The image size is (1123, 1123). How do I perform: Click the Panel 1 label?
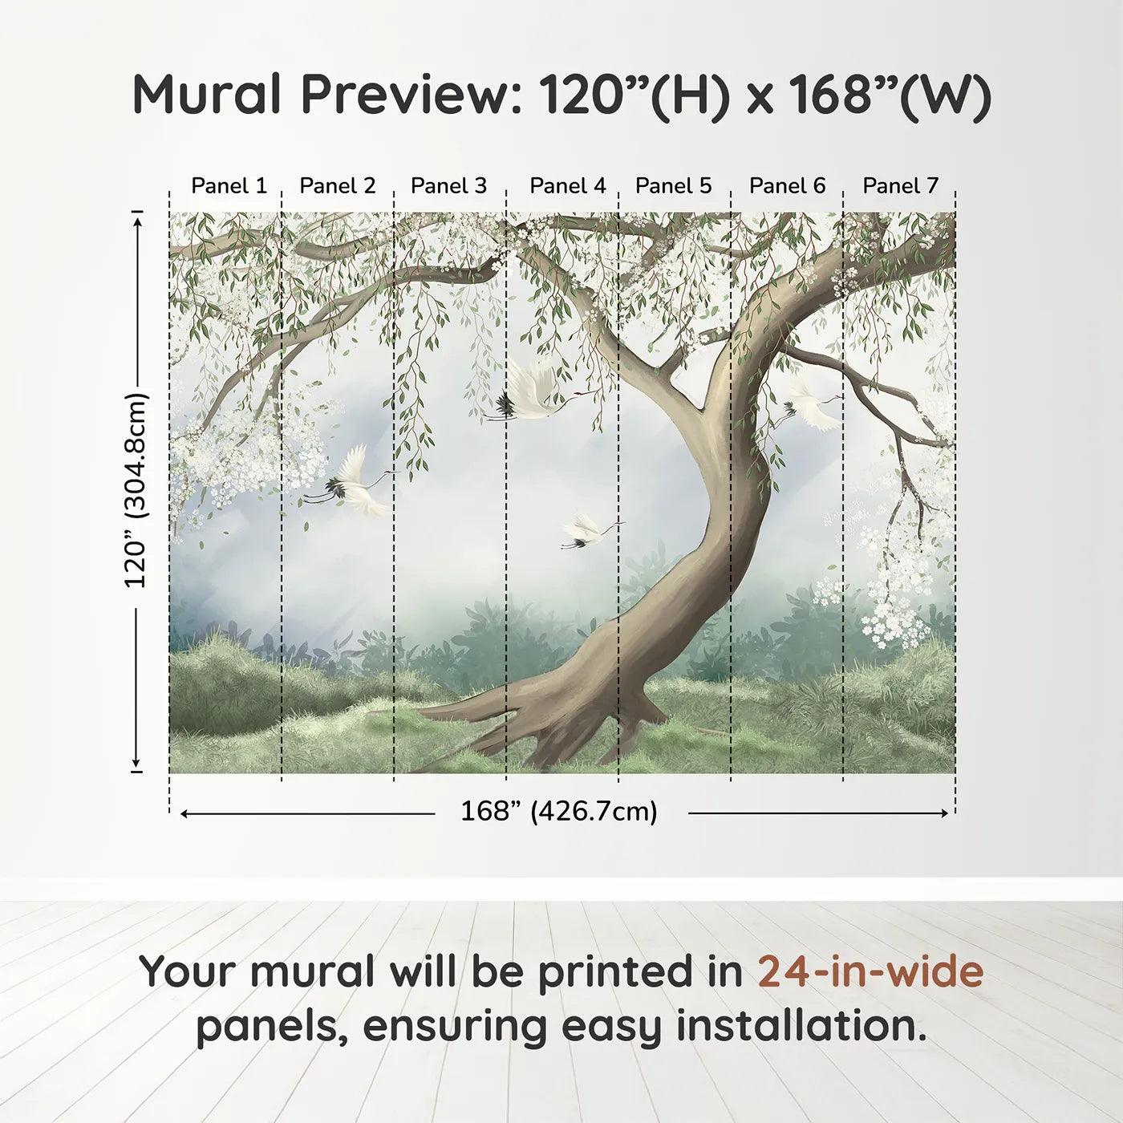(x=229, y=186)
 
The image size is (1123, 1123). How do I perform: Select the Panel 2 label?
(x=337, y=186)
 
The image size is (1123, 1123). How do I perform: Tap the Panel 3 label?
(x=448, y=186)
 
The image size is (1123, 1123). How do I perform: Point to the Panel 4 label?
(x=568, y=186)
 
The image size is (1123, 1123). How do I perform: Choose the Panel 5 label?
(x=673, y=186)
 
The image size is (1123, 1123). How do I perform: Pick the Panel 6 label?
(x=787, y=186)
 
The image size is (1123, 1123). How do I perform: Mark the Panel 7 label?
(x=900, y=186)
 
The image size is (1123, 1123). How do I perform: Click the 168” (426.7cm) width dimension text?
(x=559, y=812)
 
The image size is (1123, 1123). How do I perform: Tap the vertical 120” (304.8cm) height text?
(x=136, y=491)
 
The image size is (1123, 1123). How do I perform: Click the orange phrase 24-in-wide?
(x=870, y=971)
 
